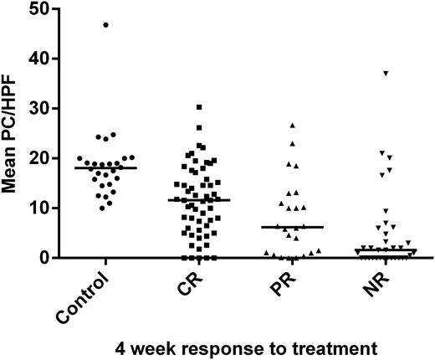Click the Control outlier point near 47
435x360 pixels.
point(105,25)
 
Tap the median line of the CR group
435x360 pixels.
point(198,200)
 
